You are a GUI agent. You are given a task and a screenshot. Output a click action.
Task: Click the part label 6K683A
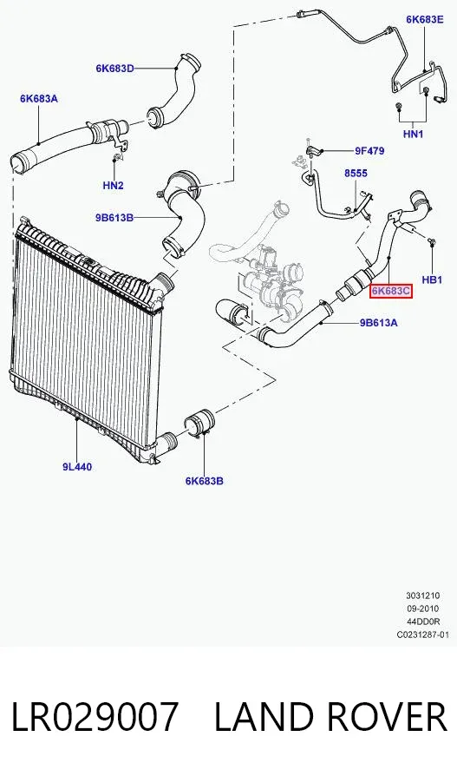click(39, 99)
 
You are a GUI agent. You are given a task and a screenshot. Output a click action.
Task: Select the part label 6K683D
click(114, 69)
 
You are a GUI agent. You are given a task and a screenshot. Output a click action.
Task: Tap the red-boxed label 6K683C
click(391, 291)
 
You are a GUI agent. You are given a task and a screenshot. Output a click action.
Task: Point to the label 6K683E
click(425, 19)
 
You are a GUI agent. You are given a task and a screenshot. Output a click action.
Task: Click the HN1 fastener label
click(413, 134)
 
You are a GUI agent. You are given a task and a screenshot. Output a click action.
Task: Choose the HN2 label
click(114, 186)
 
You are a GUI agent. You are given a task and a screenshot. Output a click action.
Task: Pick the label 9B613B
click(114, 217)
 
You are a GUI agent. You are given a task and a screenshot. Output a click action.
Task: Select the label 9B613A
click(378, 323)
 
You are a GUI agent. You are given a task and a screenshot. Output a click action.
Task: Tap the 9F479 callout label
click(369, 151)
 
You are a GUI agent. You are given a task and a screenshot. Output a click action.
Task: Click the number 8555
click(356, 174)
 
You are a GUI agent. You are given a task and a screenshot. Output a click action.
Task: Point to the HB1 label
click(432, 280)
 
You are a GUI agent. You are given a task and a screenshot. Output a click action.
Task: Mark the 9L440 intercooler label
click(77, 467)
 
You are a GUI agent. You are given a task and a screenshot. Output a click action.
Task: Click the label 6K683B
click(205, 481)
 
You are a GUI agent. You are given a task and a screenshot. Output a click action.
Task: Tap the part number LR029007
click(94, 717)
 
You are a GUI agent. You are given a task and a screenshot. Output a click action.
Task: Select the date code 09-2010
click(423, 608)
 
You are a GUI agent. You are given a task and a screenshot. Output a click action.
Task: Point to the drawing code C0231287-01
click(423, 635)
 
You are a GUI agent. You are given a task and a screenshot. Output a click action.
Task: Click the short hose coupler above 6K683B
click(199, 424)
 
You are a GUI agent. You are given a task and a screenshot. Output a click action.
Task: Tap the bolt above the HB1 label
click(432, 242)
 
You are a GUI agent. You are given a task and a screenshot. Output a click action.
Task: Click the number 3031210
click(423, 595)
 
